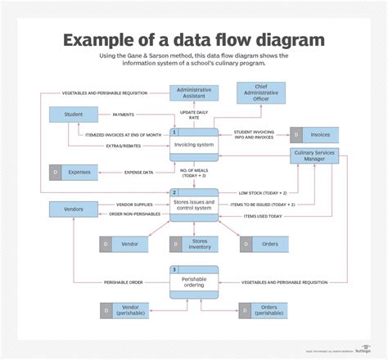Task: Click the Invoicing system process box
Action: (x=194, y=146)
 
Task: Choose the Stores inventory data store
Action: (x=194, y=244)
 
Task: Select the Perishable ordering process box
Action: (x=194, y=281)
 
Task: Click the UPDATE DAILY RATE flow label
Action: (x=194, y=115)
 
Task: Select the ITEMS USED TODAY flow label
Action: (x=263, y=216)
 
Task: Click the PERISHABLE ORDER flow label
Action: (x=123, y=282)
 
